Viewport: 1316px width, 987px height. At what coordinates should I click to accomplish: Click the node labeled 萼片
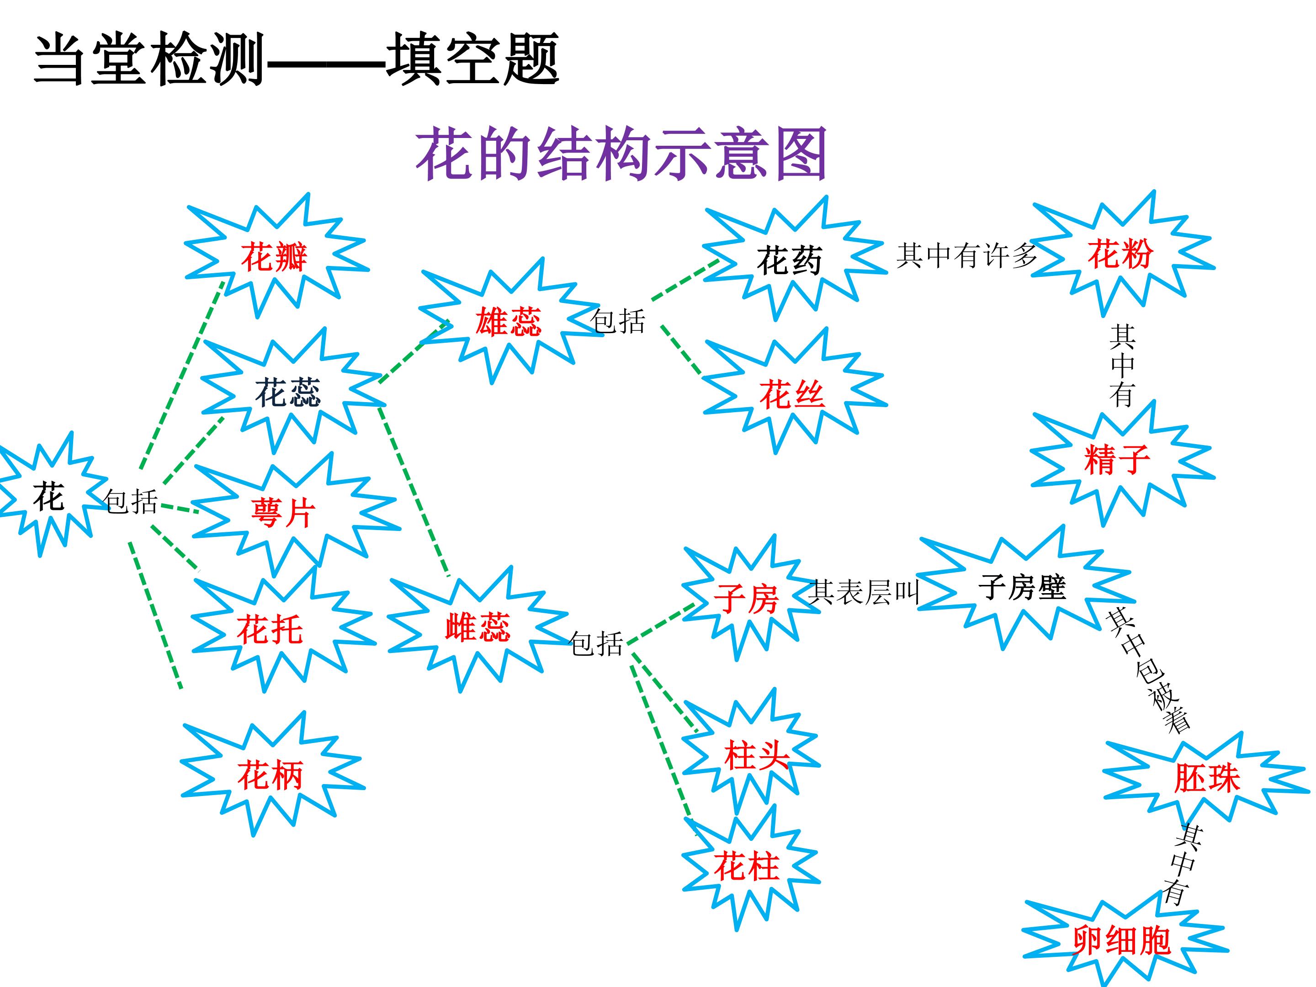[283, 512]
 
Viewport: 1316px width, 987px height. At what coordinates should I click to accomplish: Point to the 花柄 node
[270, 775]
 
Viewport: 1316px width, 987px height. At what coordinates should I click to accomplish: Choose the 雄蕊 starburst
[508, 322]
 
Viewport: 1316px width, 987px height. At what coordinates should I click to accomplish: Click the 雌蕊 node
[478, 627]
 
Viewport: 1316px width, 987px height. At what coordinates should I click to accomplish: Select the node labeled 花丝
[792, 394]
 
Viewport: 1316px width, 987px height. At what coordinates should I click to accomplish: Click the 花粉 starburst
[1120, 254]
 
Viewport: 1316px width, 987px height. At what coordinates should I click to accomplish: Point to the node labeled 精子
[1117, 460]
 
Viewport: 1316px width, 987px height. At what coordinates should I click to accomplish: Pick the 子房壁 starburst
[1022, 588]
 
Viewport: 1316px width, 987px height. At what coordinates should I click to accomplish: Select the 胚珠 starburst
[1206, 778]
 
